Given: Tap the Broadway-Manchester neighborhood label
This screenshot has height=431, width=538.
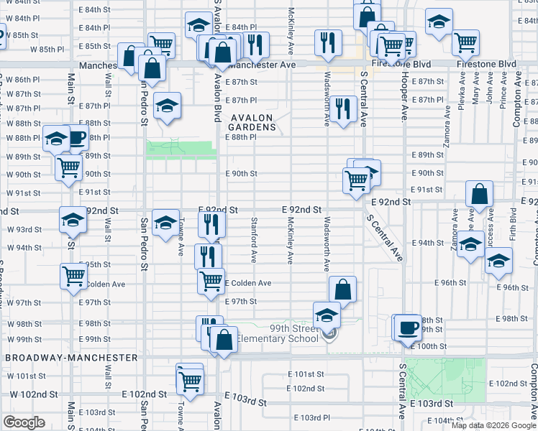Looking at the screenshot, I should tap(70, 357).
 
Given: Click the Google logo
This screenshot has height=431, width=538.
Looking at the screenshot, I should tap(24, 422).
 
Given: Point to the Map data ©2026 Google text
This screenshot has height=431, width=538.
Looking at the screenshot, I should tap(493, 425).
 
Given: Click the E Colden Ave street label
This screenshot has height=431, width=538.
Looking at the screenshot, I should tap(247, 283).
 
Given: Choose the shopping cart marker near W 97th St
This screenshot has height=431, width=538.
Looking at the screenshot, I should tap(73, 276).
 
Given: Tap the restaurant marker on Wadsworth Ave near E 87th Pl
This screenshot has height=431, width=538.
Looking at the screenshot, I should tap(344, 109).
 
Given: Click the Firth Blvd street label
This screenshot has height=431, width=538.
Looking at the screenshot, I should tap(513, 223).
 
